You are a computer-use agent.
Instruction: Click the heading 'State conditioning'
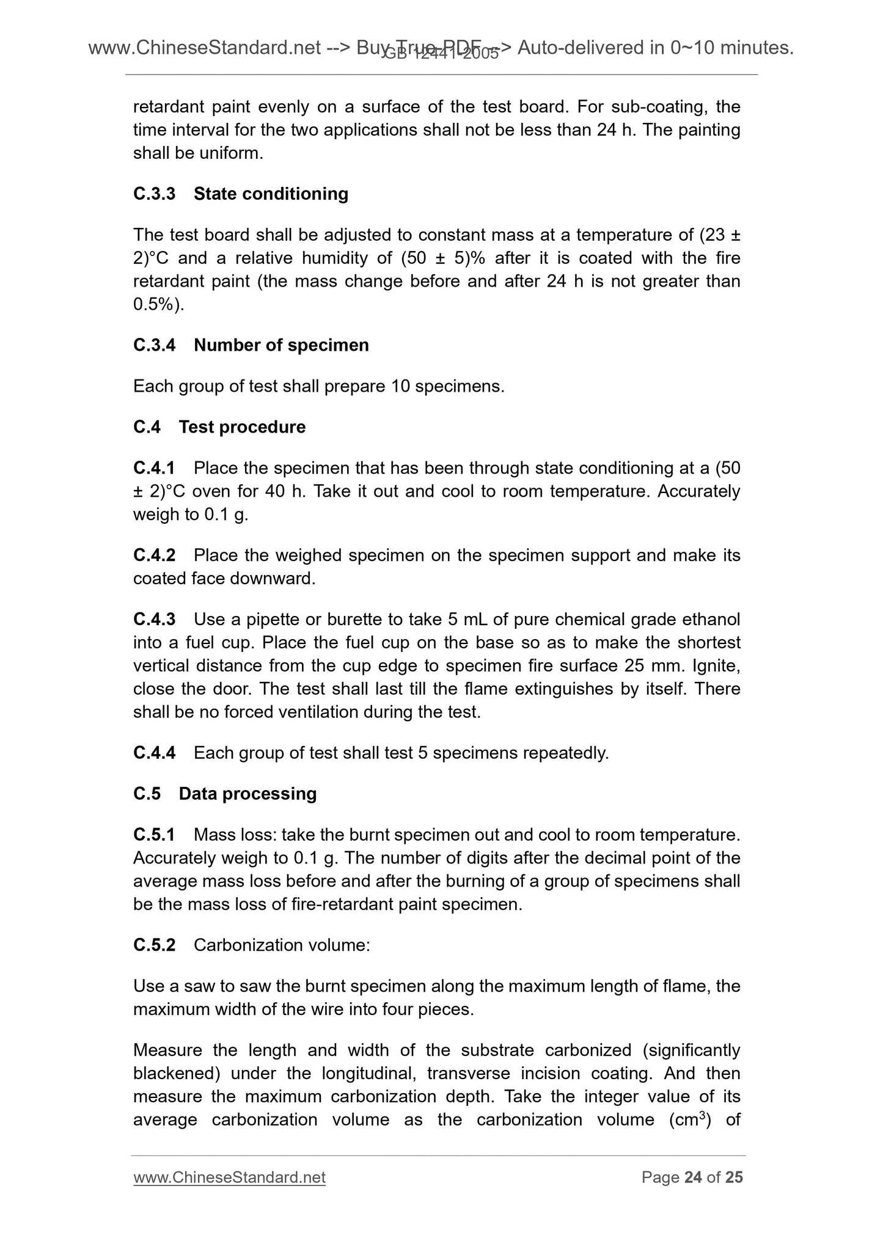(x=271, y=194)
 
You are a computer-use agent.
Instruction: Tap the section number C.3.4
(x=154, y=345)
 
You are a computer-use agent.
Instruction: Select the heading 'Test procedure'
(x=242, y=427)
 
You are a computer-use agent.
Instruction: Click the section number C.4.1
(x=154, y=468)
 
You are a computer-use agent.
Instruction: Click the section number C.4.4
(x=154, y=753)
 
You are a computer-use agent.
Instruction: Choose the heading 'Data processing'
(x=247, y=794)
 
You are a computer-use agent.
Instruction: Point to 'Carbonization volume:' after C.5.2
(x=282, y=945)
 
